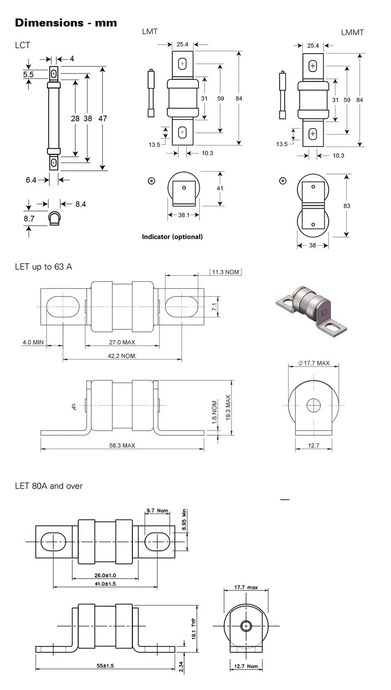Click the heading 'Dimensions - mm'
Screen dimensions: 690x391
66,23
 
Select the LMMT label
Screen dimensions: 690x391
352,32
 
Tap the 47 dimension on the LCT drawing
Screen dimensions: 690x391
103,119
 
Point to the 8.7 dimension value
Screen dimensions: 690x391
29,219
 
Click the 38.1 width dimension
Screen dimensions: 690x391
183,215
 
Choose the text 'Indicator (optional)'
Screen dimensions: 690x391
172,237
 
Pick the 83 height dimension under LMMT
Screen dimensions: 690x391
347,206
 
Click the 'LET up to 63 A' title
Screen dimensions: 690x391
44,267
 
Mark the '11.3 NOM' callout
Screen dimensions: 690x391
225,272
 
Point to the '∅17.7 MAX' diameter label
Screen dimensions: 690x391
314,363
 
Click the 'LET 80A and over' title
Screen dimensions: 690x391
49,486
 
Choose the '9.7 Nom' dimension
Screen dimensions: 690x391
158,511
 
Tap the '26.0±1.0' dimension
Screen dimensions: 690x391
105,575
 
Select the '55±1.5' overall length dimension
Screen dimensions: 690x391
105,666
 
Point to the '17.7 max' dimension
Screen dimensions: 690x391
246,588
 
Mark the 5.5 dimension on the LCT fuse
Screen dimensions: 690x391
28,74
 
